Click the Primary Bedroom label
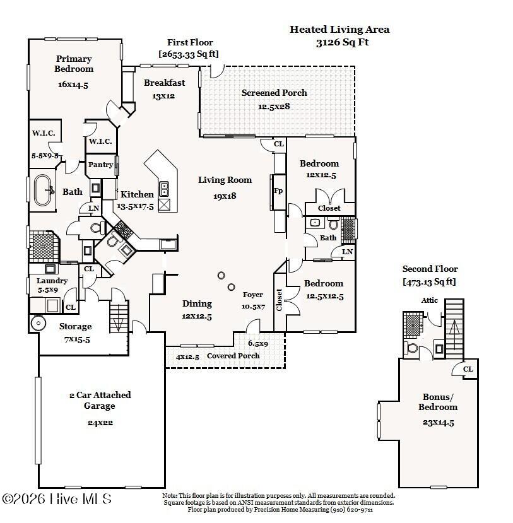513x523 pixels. click(74, 64)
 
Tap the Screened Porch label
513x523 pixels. click(274, 93)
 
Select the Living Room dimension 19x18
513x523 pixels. click(225, 196)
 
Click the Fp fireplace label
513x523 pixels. click(277, 191)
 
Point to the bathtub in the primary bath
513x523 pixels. click(44, 189)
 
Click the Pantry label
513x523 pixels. click(100, 165)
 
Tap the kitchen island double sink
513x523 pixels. click(164, 189)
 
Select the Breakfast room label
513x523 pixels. click(164, 83)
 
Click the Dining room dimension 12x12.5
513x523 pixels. click(196, 316)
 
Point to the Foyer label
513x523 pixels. click(253, 295)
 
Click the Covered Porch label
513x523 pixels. click(233, 356)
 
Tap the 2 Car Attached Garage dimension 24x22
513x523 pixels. click(100, 423)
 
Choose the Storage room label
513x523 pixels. click(76, 326)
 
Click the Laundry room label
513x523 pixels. click(52, 281)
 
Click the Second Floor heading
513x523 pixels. click(430, 269)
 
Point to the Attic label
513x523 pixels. click(430, 300)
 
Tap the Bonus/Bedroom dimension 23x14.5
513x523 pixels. click(438, 423)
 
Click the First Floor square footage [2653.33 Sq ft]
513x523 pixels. click(189, 54)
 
